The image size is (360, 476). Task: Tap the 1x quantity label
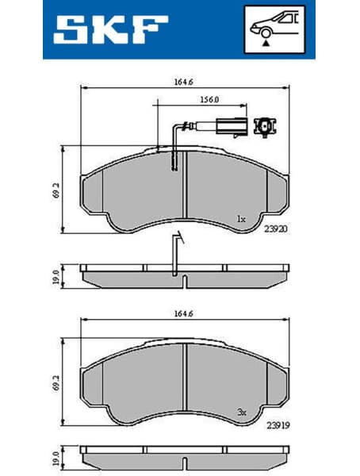coord(241,217)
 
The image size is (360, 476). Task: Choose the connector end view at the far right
coord(263,125)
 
